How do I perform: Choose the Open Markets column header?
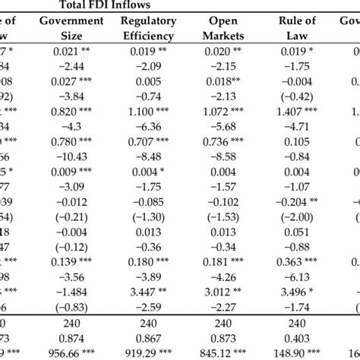(x=221, y=28)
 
